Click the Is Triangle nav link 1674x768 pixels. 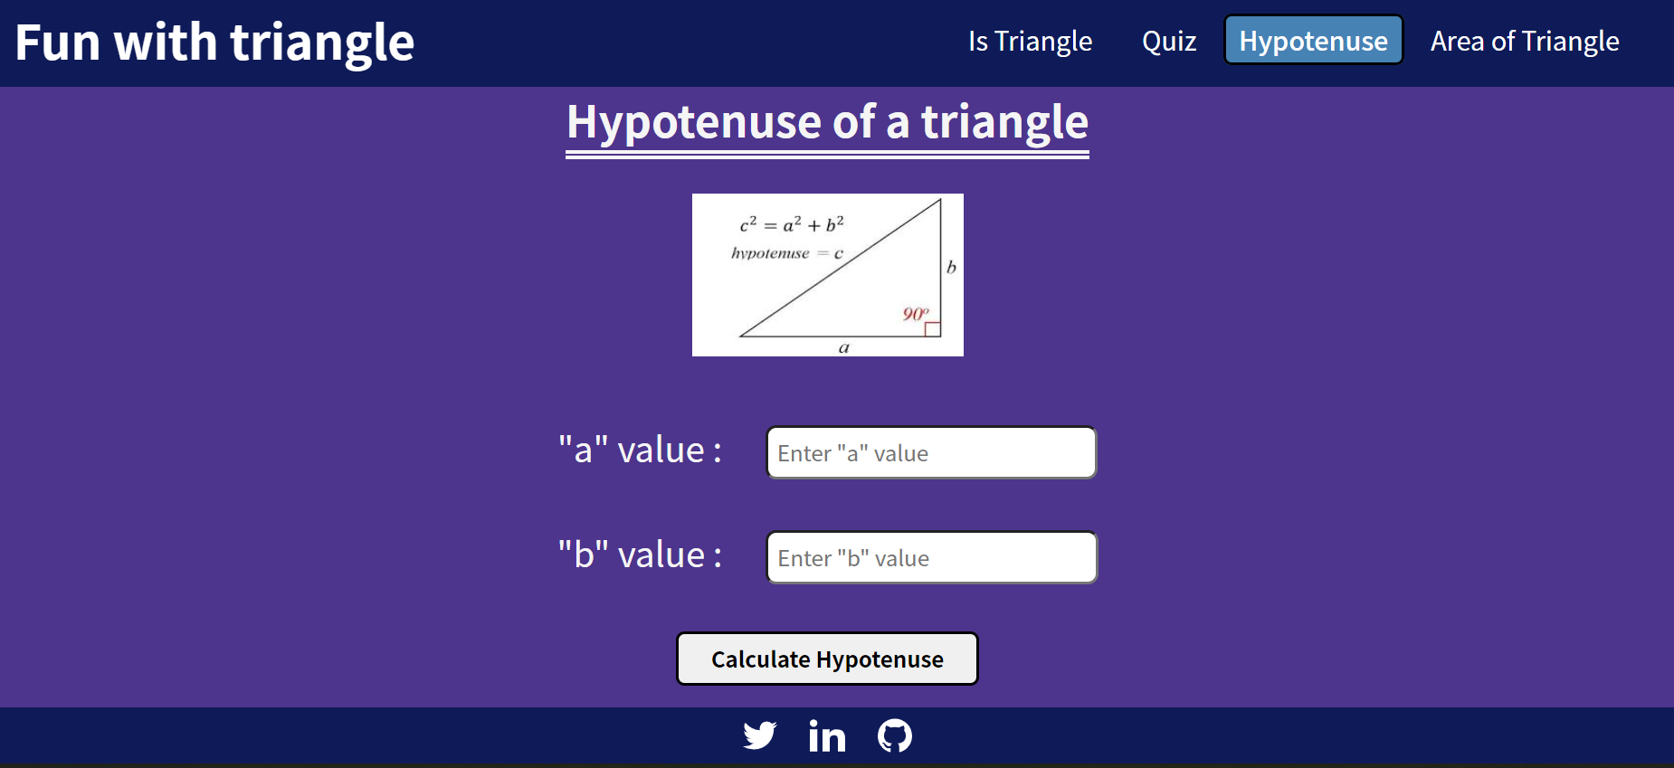(1030, 42)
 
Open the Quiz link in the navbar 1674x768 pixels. (1168, 42)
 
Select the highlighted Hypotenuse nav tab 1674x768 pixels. (1313, 41)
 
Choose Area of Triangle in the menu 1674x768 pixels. (1524, 42)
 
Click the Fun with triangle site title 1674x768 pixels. (214, 43)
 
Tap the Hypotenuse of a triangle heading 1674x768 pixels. (827, 122)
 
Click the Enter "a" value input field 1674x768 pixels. (931, 452)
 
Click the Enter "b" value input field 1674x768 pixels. (931, 557)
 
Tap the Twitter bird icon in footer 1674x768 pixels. (759, 735)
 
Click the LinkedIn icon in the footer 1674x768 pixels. (827, 735)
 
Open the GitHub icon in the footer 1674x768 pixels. (894, 735)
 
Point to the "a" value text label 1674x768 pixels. (640, 450)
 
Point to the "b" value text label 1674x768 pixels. (640, 555)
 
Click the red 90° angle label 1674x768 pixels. (915, 314)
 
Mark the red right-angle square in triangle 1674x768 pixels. (932, 329)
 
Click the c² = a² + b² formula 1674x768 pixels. (792, 224)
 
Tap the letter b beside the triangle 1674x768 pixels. (951, 267)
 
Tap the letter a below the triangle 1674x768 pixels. (844, 347)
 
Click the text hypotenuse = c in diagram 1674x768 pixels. (786, 253)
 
